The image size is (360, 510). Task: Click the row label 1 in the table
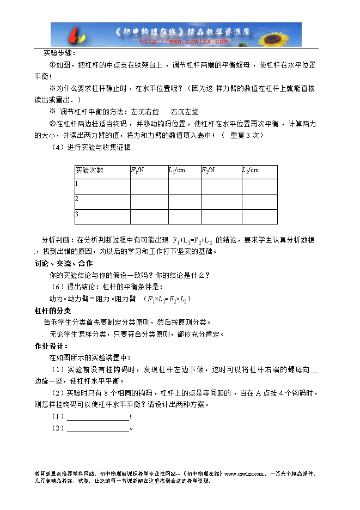click(77, 184)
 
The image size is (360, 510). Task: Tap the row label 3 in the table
click(77, 214)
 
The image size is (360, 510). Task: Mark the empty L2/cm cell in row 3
click(259, 216)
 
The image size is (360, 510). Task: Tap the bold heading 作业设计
click(51, 346)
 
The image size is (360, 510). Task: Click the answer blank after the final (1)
click(98, 416)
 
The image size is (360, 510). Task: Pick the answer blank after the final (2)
click(98, 428)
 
